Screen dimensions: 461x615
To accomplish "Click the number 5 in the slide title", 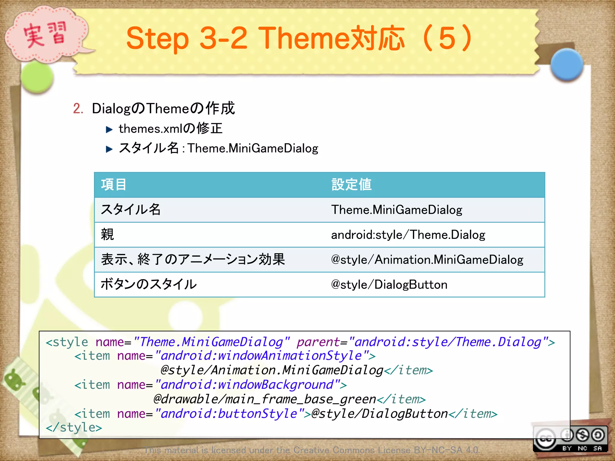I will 447,38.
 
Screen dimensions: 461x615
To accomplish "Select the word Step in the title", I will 157,38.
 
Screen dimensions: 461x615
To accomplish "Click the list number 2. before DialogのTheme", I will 78,108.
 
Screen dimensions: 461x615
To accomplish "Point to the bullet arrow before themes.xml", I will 109,129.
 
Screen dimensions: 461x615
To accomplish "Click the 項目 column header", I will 114,185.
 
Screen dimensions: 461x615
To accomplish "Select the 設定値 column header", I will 351,185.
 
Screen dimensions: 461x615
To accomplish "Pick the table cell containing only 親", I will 108,235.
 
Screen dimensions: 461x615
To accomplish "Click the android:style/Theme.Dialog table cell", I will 408,235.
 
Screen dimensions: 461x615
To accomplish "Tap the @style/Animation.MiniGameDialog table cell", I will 427,260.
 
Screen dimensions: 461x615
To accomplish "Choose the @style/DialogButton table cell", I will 389,285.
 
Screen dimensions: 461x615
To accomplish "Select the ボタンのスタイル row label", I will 149,285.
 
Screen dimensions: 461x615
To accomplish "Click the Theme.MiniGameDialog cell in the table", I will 396,210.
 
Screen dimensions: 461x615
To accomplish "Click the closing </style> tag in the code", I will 74,427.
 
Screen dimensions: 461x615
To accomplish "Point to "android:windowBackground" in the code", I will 248,385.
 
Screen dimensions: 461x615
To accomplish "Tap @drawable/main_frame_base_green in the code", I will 264,399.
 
